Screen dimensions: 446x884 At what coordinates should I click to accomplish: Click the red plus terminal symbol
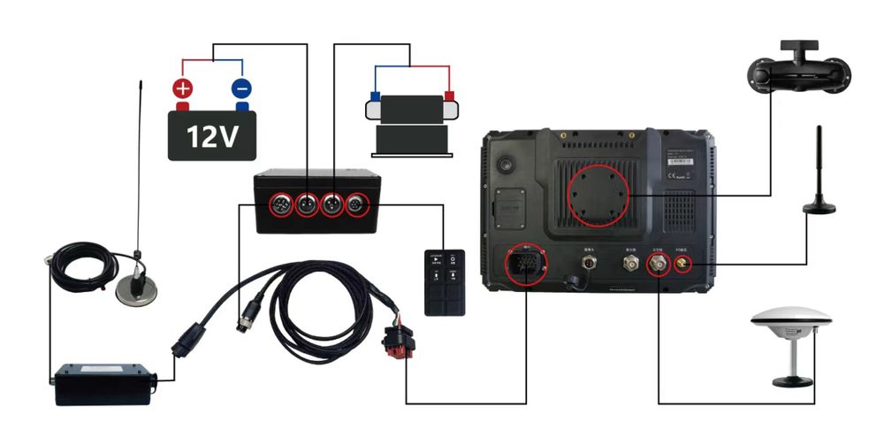(182, 88)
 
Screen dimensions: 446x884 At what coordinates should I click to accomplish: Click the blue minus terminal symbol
(240, 88)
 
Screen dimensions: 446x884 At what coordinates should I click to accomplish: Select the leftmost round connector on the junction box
(281, 204)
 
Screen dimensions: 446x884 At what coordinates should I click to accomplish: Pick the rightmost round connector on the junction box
(357, 204)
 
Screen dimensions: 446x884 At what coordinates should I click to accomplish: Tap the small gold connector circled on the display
(682, 265)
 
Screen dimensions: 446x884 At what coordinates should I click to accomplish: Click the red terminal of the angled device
(449, 96)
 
